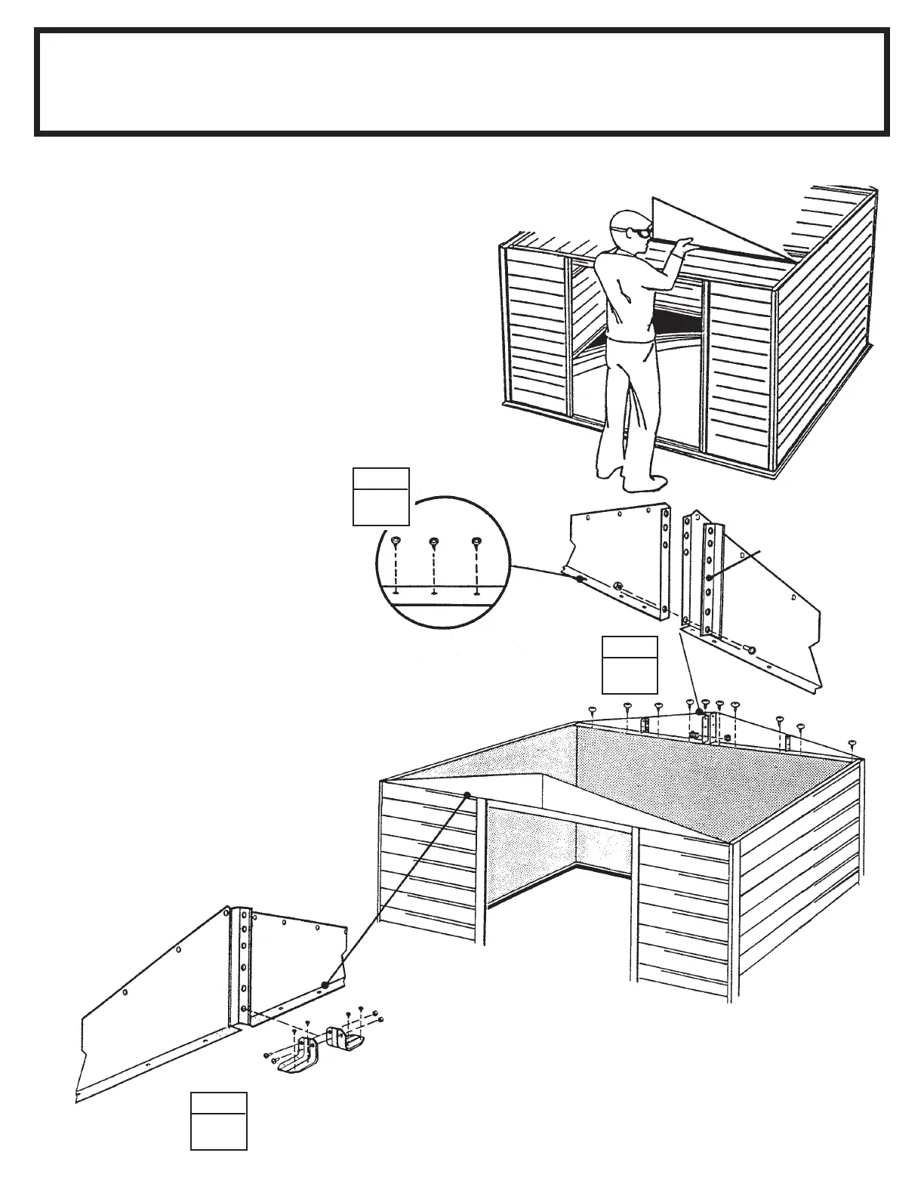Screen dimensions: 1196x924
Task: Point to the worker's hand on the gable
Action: tap(684, 244)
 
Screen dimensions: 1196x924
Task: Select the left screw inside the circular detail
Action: tap(396, 541)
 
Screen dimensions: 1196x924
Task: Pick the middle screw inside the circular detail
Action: tap(434, 542)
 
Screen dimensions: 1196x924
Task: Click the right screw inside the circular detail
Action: tap(476, 542)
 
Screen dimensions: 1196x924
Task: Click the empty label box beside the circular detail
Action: tap(381, 496)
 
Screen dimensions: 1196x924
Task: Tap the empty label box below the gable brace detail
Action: tap(630, 664)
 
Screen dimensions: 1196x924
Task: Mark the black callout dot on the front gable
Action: tap(468, 794)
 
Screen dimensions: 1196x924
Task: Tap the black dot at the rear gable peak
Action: tap(699, 711)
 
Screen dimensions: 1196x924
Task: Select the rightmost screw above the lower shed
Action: tap(853, 743)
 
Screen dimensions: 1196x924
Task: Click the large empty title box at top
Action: tap(461, 82)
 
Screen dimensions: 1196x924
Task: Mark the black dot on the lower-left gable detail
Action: tap(324, 985)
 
